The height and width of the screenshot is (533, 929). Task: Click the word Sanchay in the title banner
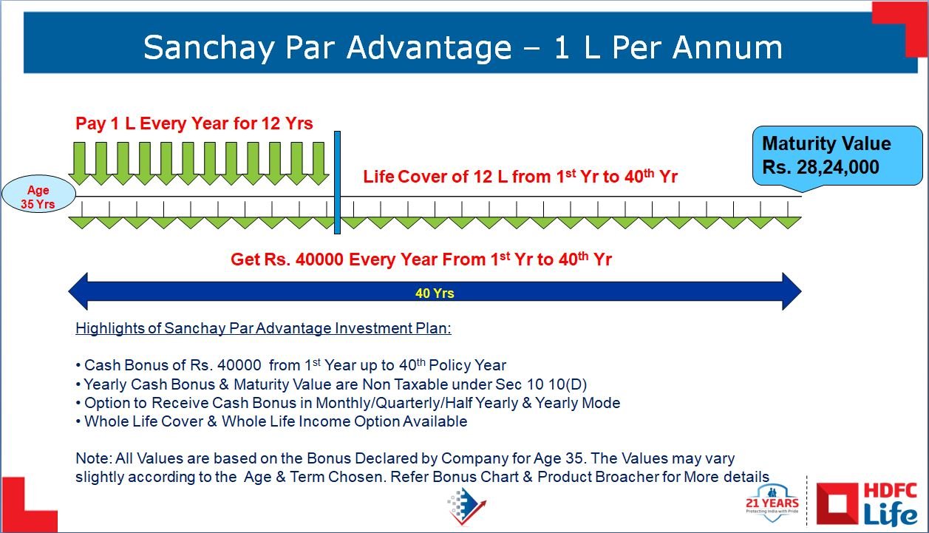tap(208, 48)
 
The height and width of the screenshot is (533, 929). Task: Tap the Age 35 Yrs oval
tap(38, 194)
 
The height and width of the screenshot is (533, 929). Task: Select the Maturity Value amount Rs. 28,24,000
tap(820, 167)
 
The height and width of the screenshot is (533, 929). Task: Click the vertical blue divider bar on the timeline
tap(337, 183)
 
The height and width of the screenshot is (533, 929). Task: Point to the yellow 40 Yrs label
tap(435, 293)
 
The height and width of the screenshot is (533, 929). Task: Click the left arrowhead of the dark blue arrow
tap(78, 291)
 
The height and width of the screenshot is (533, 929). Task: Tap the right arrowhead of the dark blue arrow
tap(792, 291)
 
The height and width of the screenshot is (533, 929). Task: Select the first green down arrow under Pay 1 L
tap(80, 163)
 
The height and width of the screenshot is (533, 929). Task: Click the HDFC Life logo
tap(867, 504)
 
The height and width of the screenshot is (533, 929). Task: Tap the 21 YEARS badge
tap(772, 503)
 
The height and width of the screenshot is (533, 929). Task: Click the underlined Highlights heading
tap(263, 328)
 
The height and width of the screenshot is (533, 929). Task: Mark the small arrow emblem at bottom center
tap(466, 505)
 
